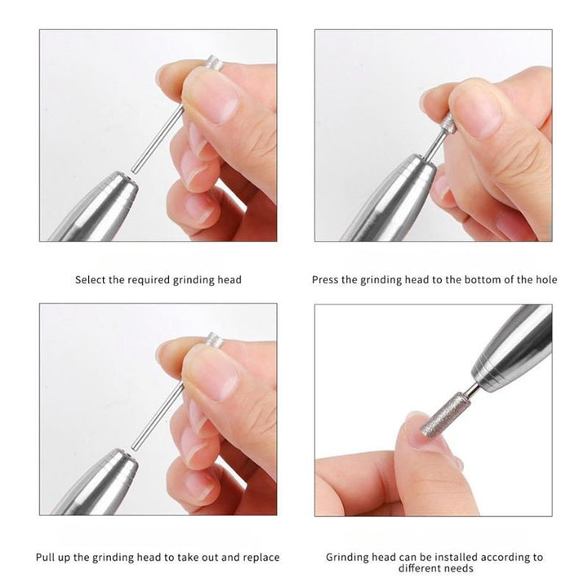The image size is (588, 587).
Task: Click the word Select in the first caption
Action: click(x=90, y=280)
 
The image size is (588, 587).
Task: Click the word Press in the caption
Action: click(x=325, y=280)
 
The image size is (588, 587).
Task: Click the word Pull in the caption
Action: click(x=47, y=558)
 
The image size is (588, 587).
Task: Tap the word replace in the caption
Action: click(x=261, y=558)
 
